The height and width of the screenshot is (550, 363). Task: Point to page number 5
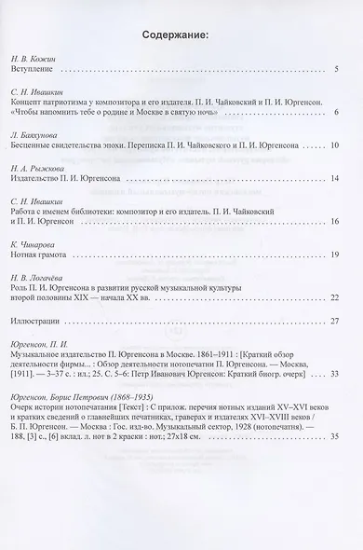pos(336,69)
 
